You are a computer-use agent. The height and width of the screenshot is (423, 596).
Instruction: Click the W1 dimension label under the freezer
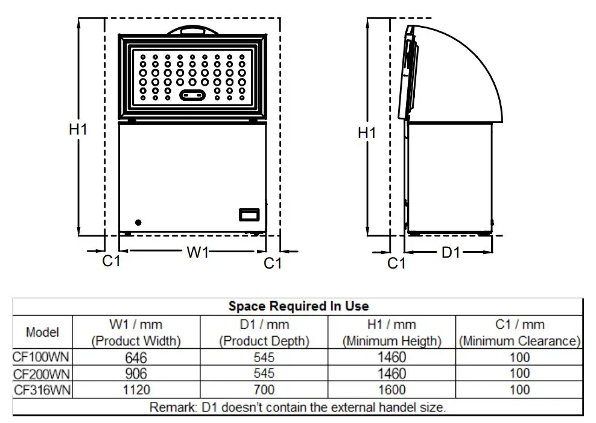tap(197, 252)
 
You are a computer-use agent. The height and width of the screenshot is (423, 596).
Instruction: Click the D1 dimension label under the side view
tap(450, 252)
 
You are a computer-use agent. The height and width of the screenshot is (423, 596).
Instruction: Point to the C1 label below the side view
tap(396, 263)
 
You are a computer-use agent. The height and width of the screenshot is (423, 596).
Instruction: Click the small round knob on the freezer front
tap(139, 222)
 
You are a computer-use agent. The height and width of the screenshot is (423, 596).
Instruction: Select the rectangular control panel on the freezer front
tap(249, 214)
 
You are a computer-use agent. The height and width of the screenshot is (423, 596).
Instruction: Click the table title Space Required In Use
tap(298, 306)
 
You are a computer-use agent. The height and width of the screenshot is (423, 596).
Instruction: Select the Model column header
tap(42, 332)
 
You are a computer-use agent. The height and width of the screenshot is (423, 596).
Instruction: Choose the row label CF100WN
tap(42, 357)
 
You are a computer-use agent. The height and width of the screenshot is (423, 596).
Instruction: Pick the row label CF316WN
tap(42, 390)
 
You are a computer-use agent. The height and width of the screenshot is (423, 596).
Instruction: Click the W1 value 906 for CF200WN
tap(136, 374)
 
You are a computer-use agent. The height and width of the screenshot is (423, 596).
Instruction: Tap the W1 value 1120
tap(136, 390)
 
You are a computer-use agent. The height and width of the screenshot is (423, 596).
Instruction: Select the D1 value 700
tap(264, 390)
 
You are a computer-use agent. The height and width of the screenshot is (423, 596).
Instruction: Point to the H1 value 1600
tap(392, 390)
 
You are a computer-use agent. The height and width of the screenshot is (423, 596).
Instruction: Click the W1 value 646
tap(136, 357)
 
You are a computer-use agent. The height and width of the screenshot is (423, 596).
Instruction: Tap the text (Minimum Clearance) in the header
tap(519, 341)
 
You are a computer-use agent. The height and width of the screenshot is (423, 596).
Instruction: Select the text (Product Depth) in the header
tap(264, 341)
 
